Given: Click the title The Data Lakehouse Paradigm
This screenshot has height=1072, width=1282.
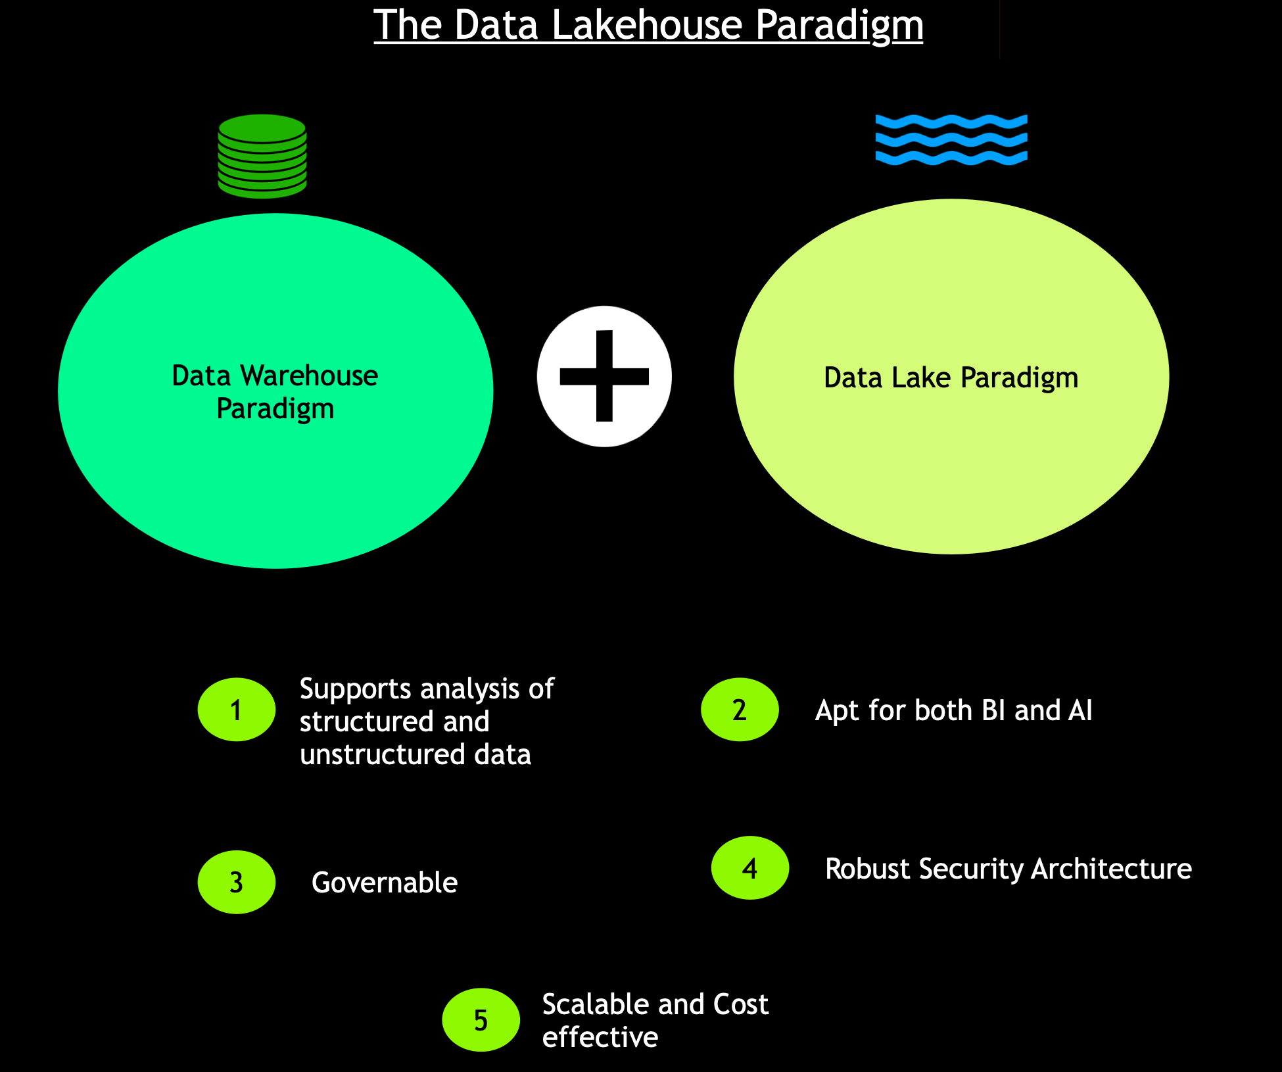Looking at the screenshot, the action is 648,25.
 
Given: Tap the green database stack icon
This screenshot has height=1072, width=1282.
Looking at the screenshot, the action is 262,157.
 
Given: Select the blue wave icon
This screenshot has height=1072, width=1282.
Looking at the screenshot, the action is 951,139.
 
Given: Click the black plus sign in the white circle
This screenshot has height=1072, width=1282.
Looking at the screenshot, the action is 604,376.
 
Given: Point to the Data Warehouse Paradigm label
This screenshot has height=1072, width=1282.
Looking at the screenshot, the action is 275,392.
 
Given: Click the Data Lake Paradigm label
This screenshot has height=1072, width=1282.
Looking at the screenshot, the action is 951,378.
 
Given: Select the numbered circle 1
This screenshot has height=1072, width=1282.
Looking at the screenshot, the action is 236,710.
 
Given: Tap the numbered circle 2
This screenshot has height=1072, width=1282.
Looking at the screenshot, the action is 740,710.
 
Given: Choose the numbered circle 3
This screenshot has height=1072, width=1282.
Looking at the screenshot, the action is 236,882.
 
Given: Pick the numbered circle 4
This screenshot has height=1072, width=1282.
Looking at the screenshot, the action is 749,868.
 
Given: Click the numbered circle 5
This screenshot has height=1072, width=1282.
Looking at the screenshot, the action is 481,1020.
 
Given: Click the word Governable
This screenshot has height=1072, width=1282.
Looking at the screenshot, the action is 385,883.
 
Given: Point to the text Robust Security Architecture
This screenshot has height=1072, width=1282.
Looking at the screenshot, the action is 1008,869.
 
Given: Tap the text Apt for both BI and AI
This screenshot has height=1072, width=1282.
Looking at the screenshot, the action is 953,710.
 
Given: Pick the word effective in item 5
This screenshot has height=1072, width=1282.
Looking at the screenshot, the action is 600,1037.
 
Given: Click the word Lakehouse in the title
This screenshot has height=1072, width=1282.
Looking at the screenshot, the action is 647,25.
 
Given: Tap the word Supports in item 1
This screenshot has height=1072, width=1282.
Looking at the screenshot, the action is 356,689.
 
